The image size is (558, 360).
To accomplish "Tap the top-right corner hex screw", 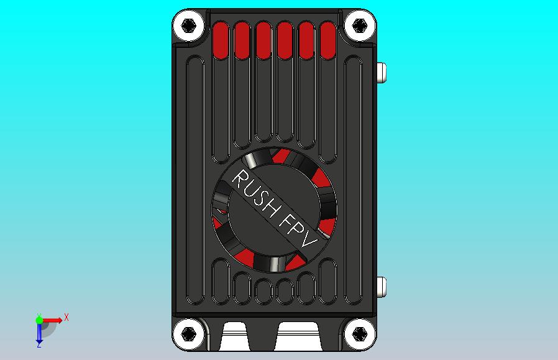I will (x=359, y=25).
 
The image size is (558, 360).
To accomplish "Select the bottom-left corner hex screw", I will (x=189, y=334).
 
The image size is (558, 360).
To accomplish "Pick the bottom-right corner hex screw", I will (x=359, y=334).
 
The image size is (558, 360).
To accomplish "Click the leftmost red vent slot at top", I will (x=221, y=40).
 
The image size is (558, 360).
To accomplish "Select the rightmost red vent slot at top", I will (x=327, y=40).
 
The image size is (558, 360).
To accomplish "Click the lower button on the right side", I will (x=382, y=287).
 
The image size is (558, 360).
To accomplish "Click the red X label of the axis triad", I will (x=66, y=317).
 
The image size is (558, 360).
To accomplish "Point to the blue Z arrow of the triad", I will (x=39, y=336).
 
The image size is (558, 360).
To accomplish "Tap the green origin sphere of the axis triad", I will (x=39, y=320).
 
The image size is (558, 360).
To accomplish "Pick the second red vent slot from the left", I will (x=242, y=40).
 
